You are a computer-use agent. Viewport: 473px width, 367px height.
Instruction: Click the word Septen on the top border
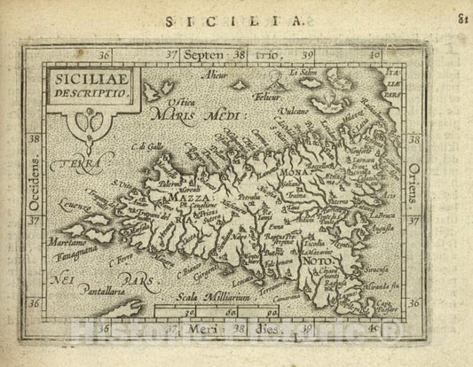point(205,54)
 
